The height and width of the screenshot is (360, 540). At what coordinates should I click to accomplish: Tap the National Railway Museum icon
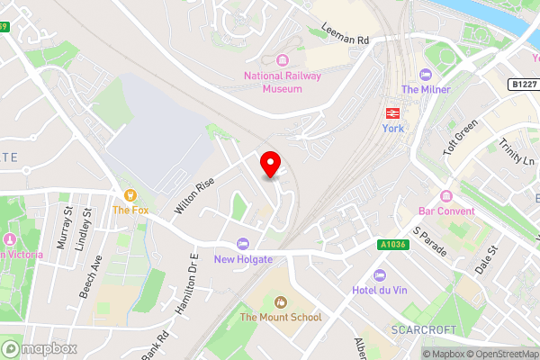pos(282,60)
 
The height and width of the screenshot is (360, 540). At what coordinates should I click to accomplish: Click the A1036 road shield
pos(392,244)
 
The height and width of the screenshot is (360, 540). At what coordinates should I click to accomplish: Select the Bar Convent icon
pos(445,197)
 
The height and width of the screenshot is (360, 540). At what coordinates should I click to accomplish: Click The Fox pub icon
pos(130,195)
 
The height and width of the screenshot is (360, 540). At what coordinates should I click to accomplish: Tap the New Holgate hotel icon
pos(242,244)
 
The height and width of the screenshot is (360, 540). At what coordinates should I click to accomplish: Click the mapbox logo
pos(40,348)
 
